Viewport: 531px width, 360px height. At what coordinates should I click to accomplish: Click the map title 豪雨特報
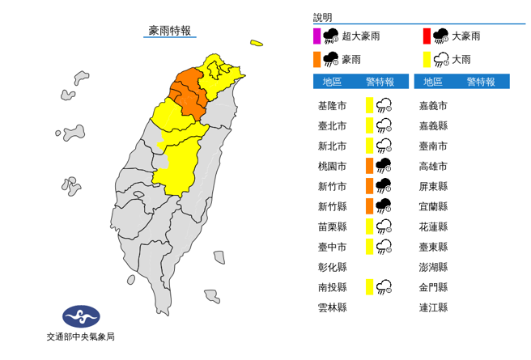[170, 31]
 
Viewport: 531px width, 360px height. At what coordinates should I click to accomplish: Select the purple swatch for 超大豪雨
[316, 36]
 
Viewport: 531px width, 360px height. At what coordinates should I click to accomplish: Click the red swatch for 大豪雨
[426, 36]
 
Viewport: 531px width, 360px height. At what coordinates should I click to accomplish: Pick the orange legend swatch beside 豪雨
[316, 59]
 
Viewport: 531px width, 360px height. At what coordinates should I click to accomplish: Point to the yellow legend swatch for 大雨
[426, 59]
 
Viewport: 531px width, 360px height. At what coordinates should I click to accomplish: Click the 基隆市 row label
[333, 105]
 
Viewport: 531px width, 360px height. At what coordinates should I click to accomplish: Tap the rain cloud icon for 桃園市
[384, 166]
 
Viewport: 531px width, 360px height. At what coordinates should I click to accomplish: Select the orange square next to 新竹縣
[369, 206]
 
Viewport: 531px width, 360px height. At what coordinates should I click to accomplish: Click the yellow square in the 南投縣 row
[369, 286]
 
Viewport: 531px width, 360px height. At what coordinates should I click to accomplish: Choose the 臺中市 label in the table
[333, 247]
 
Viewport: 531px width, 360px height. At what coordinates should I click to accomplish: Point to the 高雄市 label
[433, 166]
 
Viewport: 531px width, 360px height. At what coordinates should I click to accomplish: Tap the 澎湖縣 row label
[433, 267]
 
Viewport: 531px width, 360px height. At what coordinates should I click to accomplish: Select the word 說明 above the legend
[323, 17]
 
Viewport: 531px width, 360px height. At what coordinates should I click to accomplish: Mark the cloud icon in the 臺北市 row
[384, 125]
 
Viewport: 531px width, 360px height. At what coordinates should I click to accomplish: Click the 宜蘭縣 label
[433, 206]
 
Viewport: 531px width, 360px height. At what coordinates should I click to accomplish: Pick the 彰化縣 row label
[333, 267]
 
